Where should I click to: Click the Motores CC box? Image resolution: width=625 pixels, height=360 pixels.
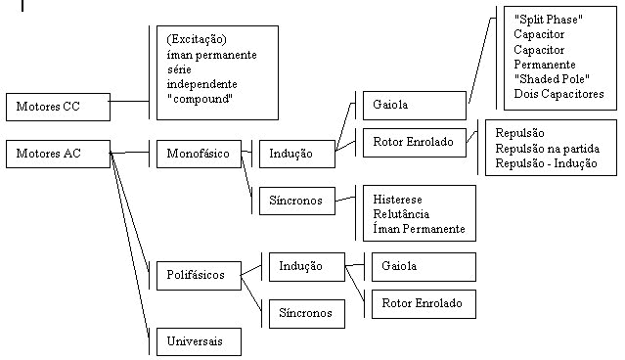coord(58,108)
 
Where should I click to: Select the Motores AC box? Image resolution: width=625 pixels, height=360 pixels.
coord(58,154)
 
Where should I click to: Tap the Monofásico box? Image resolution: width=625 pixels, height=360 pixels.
coord(199,154)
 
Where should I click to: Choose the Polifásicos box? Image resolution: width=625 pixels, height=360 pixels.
coord(199,276)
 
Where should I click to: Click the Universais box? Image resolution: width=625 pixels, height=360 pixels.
coord(199,341)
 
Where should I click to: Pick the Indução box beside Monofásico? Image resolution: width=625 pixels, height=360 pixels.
coord(297,154)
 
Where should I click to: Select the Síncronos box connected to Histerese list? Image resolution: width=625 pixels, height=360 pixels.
coord(297,201)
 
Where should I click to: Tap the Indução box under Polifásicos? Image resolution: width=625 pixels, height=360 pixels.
coord(307,267)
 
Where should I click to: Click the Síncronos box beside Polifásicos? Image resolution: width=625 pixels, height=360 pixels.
coord(307,314)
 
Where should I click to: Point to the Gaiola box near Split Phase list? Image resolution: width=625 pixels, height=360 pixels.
coord(415,106)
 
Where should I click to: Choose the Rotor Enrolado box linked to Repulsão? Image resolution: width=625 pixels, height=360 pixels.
coord(415,142)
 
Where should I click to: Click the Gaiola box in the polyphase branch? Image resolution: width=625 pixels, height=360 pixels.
coord(424,267)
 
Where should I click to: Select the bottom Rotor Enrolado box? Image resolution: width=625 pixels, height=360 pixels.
coord(424,304)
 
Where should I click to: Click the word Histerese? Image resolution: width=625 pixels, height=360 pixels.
coord(397,200)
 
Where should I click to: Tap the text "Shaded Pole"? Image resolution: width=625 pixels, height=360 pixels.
coord(552,79)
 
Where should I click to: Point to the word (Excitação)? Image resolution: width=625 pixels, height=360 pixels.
coord(197,39)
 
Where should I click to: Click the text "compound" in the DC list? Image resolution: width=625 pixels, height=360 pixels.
coord(201,99)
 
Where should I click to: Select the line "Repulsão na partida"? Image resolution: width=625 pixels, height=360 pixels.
coord(548,149)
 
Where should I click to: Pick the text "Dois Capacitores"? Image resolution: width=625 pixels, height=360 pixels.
coord(558,94)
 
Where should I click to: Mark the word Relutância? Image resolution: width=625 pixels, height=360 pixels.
coord(401,214)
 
